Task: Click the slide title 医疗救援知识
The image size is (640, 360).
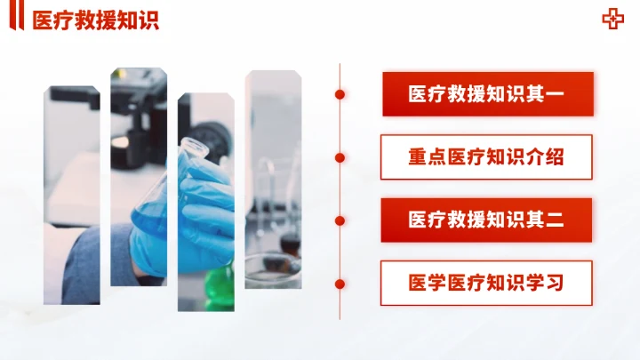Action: coord(95,20)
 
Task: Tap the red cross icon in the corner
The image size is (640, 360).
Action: coord(612,20)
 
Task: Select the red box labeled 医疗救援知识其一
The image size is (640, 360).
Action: coord(486,94)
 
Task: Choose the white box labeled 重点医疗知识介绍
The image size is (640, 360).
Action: coord(486,157)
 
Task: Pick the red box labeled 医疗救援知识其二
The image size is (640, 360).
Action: coord(486,220)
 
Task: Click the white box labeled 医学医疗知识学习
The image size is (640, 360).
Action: coord(486,284)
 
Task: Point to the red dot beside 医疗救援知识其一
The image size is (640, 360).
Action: coord(340,94)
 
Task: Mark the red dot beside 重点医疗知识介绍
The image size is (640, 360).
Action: coord(340,157)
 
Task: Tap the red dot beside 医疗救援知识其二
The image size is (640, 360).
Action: coord(340,220)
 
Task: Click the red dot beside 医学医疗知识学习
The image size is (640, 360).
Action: coord(340,284)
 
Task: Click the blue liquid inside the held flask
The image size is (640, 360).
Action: coord(149,218)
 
